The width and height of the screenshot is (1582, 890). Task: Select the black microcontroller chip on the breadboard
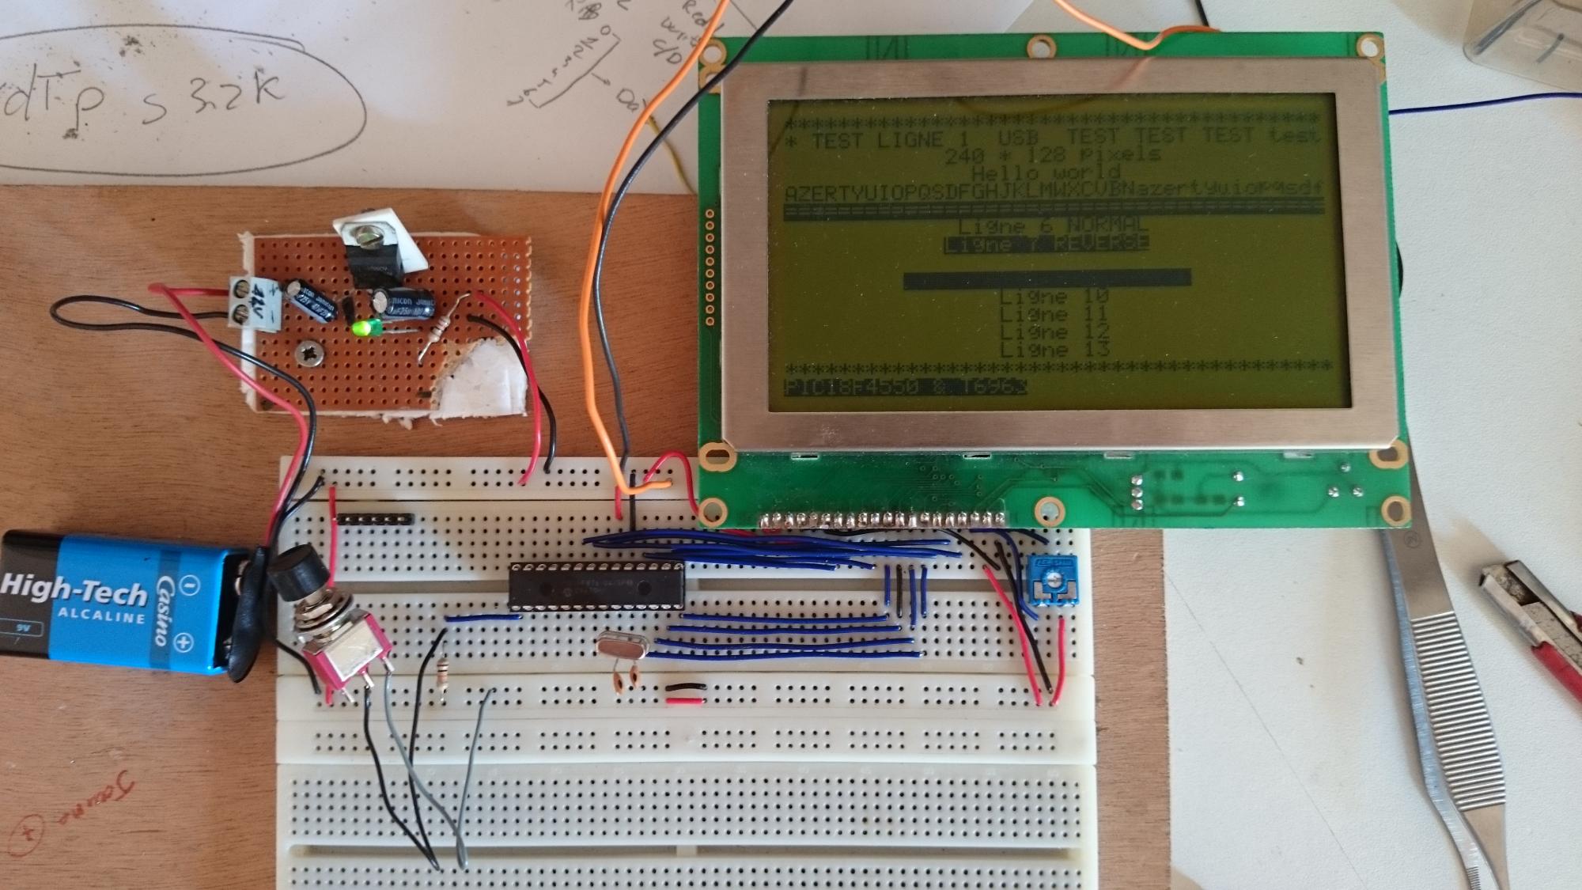point(596,586)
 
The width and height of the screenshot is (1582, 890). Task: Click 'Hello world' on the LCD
point(1046,172)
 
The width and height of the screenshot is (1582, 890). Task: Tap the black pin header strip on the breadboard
point(376,520)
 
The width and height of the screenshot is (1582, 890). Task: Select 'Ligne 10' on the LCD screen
point(1054,297)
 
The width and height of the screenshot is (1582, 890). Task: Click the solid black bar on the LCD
point(1046,278)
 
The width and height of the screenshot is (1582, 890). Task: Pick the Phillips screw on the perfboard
point(308,354)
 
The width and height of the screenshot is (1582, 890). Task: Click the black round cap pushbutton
point(292,572)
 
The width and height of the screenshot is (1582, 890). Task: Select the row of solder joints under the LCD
point(882,520)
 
